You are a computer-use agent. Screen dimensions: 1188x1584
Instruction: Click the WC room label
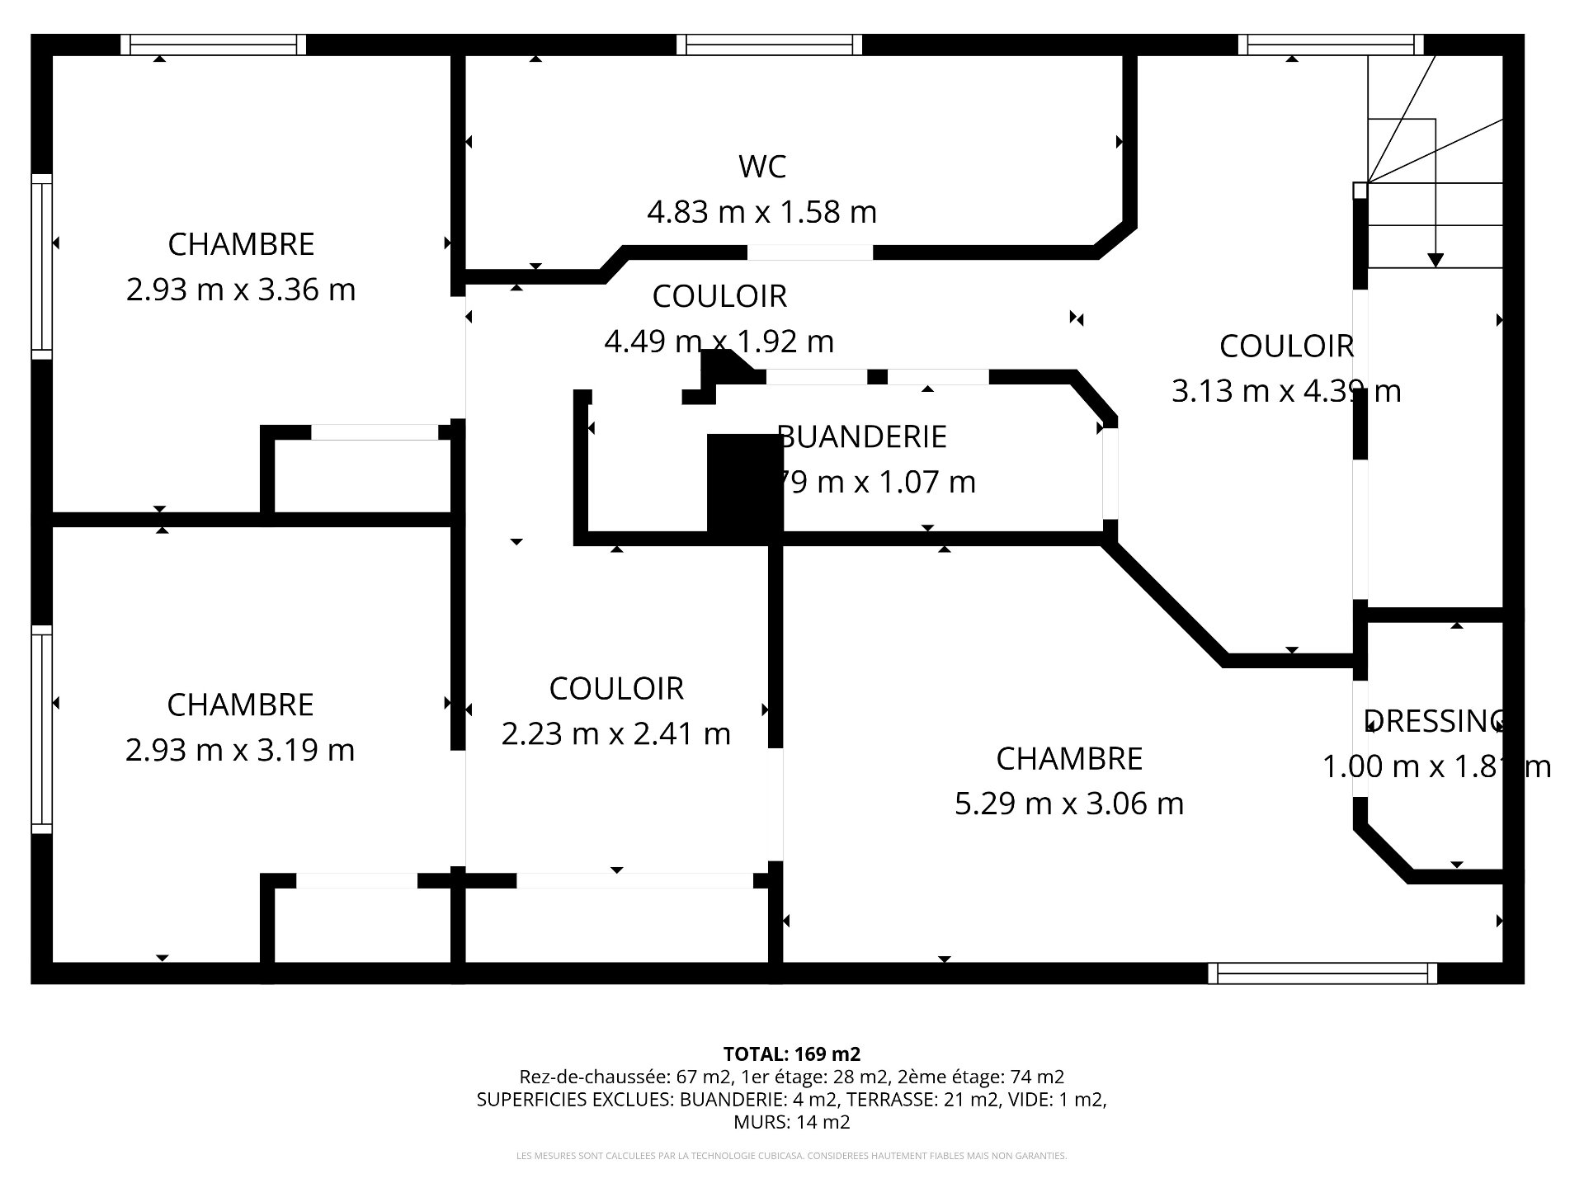click(761, 167)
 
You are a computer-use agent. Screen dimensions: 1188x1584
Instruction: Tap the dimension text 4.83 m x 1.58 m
click(761, 212)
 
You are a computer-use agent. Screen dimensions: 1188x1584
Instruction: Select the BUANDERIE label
click(862, 436)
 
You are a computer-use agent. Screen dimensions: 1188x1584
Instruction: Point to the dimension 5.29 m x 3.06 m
click(1068, 803)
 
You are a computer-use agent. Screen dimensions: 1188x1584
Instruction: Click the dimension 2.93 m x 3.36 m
click(241, 290)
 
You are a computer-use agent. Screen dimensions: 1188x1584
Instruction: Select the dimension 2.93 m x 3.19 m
click(240, 750)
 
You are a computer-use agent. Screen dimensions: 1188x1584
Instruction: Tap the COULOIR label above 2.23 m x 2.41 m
click(616, 688)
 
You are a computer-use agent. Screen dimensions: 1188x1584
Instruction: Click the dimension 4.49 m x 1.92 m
click(719, 341)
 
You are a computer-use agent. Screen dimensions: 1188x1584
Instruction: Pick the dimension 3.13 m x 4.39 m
click(1285, 390)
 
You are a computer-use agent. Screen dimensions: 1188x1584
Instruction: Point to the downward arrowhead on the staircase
click(1435, 260)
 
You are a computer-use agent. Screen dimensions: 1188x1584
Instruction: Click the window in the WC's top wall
click(769, 45)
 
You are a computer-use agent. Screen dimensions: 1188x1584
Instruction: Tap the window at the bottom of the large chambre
click(1322, 973)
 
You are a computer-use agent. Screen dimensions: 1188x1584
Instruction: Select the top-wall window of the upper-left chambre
click(214, 45)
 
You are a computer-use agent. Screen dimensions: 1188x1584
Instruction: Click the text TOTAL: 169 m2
click(791, 1054)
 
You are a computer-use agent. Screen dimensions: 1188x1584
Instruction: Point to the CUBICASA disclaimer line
click(791, 1156)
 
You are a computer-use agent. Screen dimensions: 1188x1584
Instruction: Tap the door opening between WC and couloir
click(810, 252)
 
